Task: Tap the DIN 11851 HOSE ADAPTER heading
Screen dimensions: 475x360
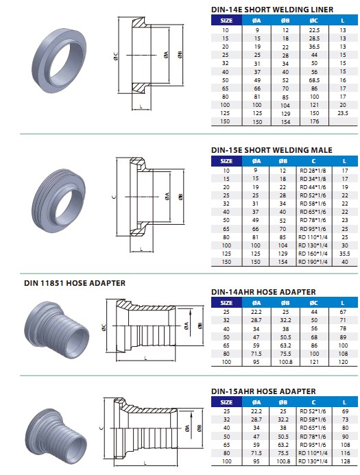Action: [x=65, y=282]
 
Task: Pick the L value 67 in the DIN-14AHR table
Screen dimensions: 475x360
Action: [x=344, y=312]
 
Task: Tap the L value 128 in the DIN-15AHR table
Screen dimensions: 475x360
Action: [x=344, y=463]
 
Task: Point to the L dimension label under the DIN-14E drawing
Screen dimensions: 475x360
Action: [x=141, y=107]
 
